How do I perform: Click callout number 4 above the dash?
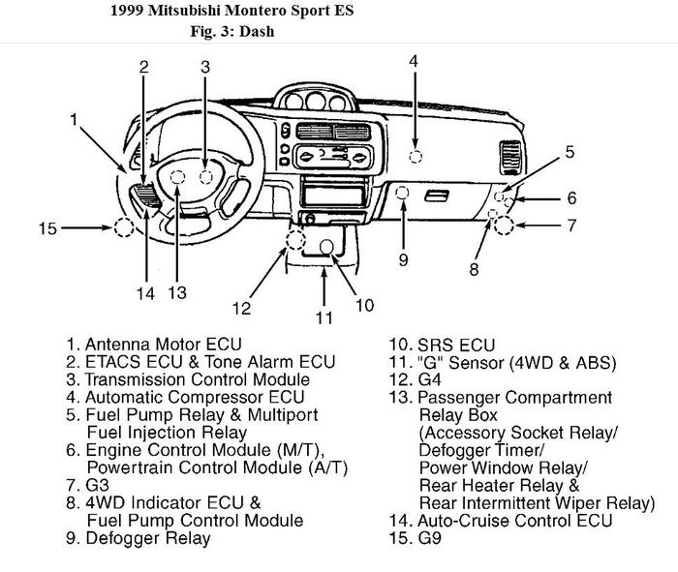click(x=414, y=61)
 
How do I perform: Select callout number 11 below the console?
click(x=324, y=316)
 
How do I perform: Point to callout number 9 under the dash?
click(x=403, y=259)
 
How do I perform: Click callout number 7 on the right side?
click(x=572, y=226)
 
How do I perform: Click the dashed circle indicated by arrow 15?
click(x=123, y=228)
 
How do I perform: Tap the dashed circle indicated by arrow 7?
click(x=504, y=226)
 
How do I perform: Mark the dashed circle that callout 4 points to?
click(x=416, y=157)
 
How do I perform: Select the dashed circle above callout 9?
click(x=403, y=194)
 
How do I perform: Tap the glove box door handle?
click(x=437, y=196)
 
